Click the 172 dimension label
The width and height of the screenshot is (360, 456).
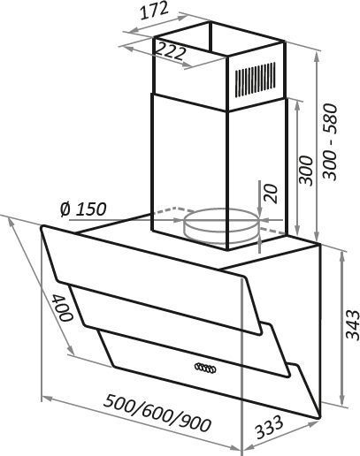click(154, 11)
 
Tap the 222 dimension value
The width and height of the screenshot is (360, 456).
click(170, 51)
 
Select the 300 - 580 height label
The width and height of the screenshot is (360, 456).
click(330, 141)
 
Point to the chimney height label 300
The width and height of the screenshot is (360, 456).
click(305, 171)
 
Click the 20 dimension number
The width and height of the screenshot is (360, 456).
click(272, 194)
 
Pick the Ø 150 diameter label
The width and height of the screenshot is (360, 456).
click(83, 209)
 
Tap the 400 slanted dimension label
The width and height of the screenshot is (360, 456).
click(62, 308)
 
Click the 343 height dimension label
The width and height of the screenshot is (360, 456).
click(353, 325)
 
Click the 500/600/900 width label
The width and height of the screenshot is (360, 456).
click(157, 413)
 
